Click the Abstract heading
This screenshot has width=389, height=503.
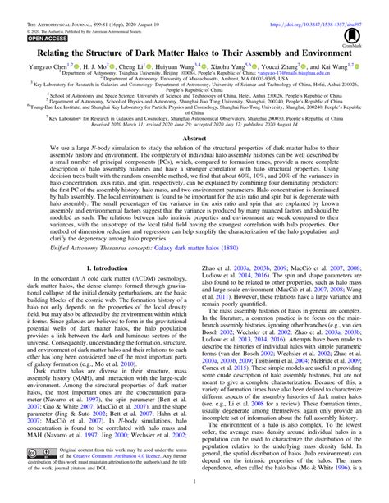194,140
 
